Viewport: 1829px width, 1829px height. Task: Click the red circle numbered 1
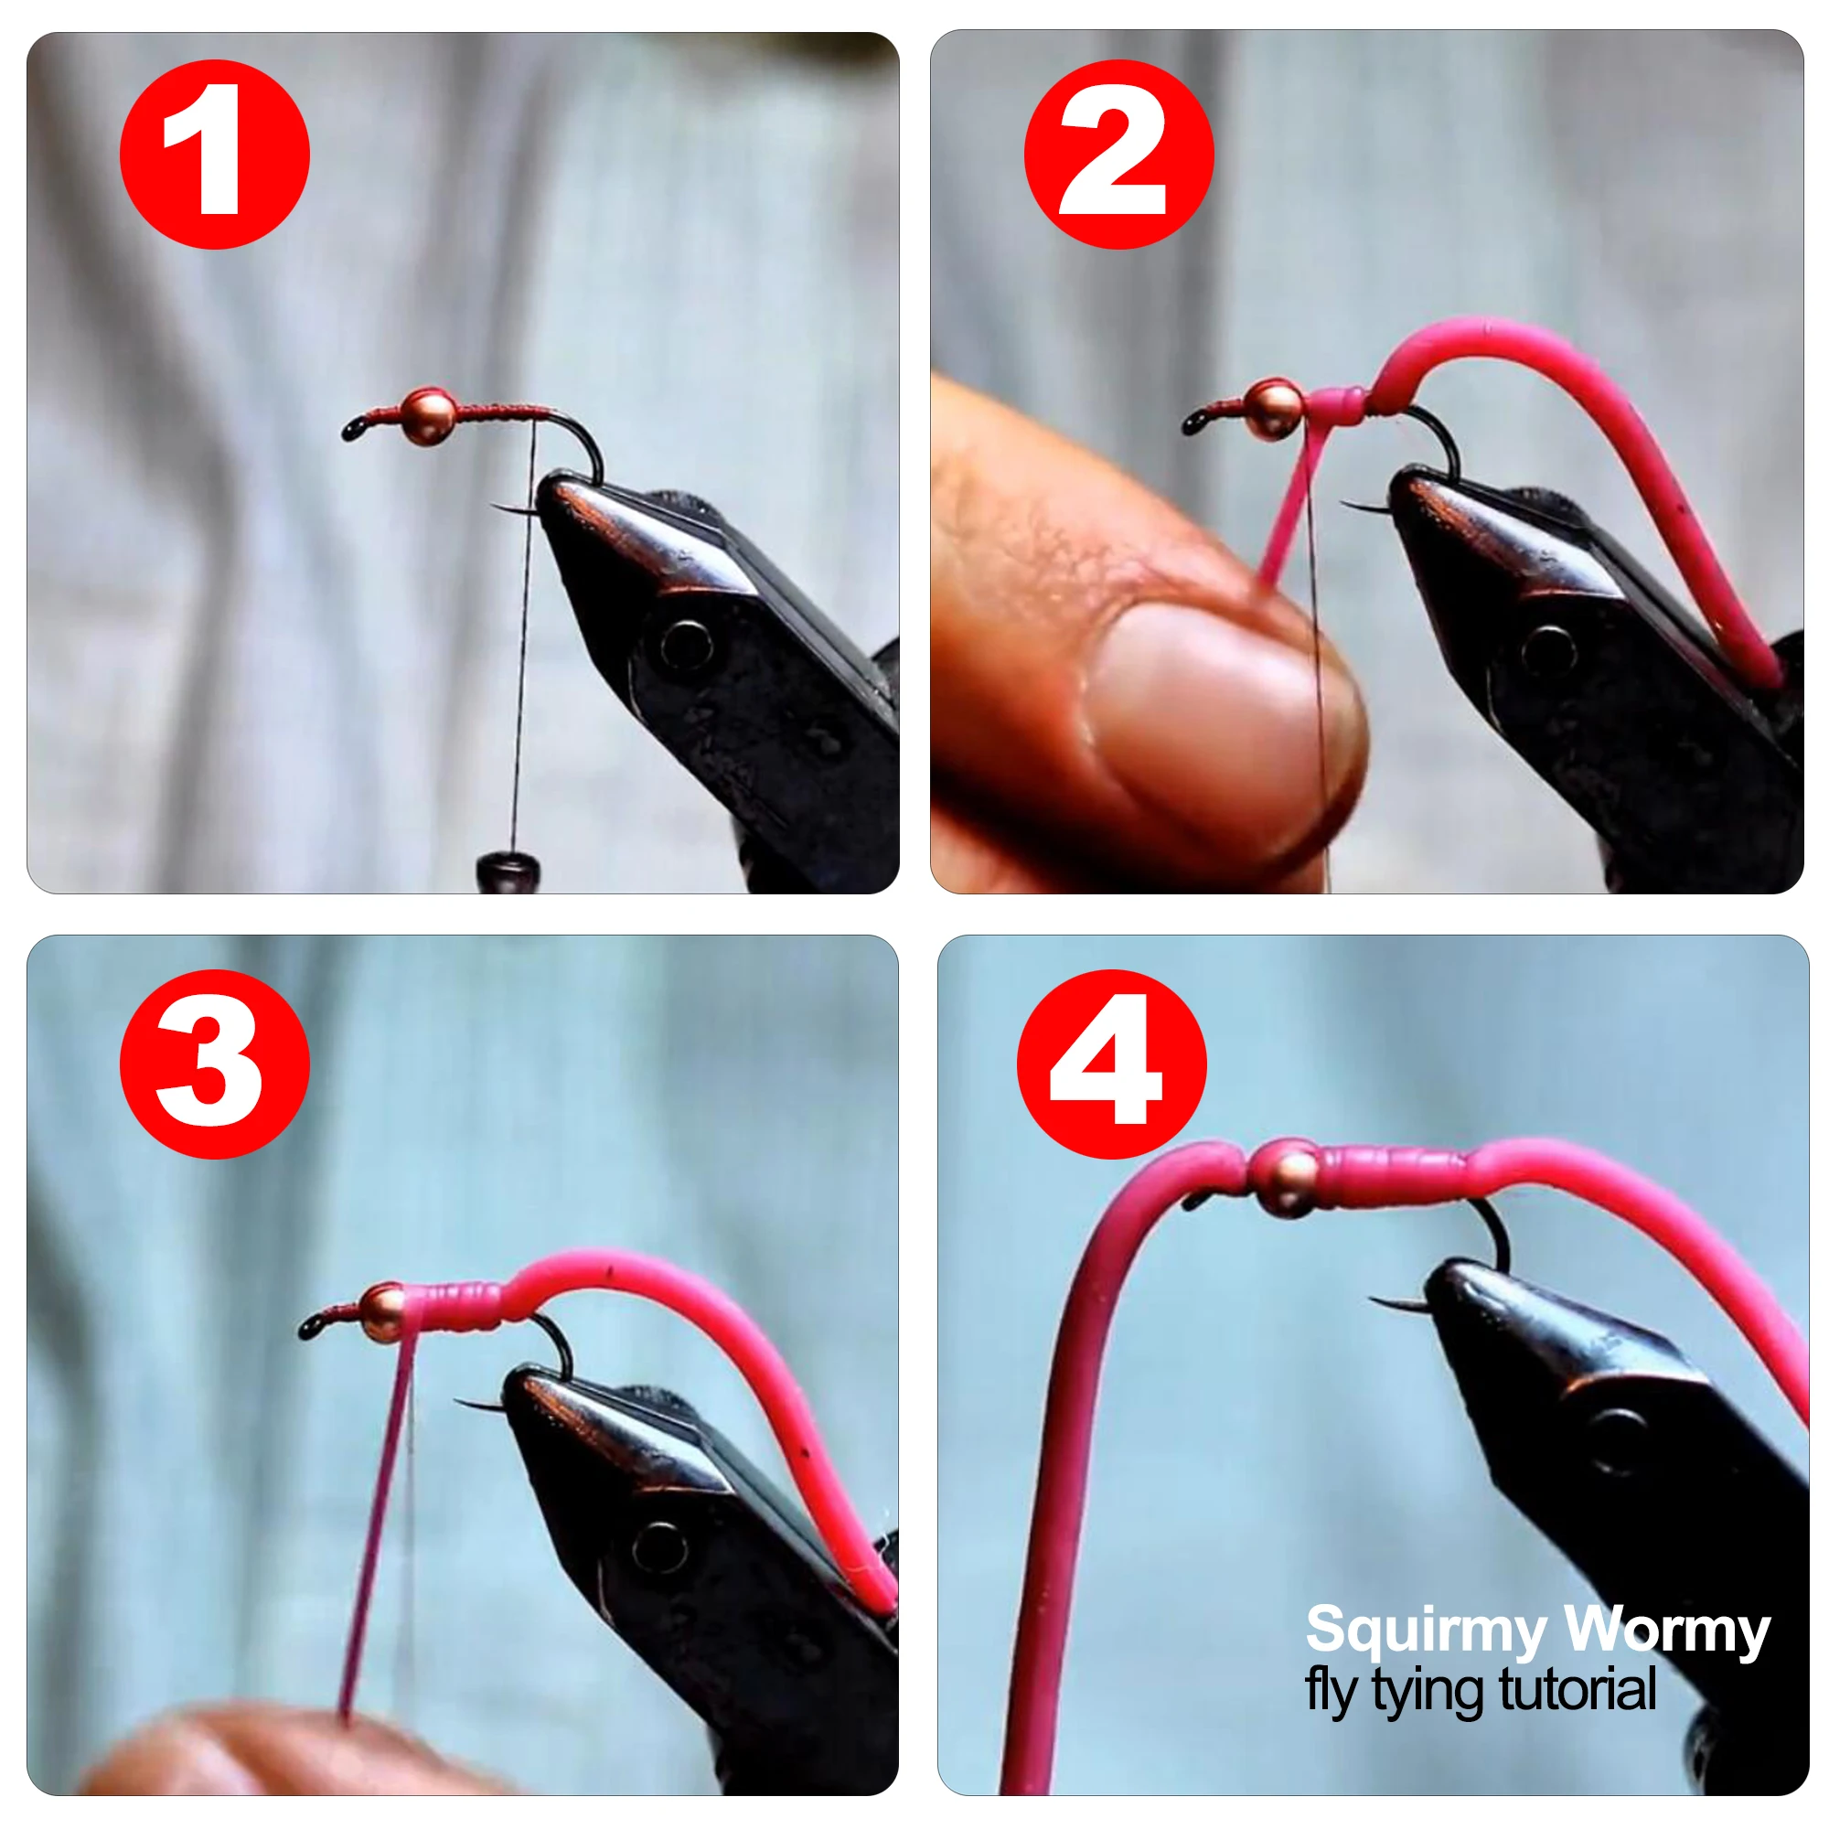[215, 155]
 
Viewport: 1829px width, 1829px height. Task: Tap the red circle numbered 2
[1119, 155]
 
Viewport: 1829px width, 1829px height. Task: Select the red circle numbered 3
[215, 1064]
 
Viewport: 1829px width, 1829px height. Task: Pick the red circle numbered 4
[1111, 1064]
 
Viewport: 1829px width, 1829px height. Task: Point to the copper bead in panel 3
[383, 1312]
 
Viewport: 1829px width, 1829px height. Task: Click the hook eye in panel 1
[354, 431]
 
